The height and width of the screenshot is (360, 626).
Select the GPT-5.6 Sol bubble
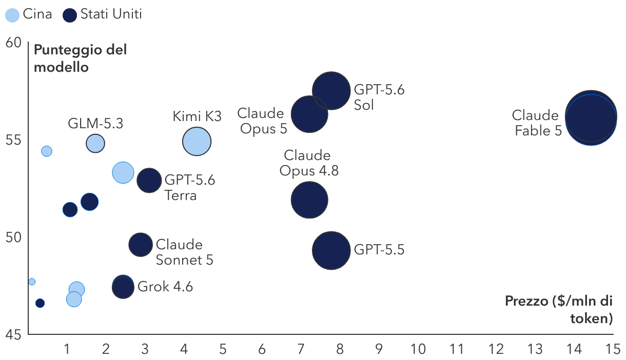click(x=331, y=91)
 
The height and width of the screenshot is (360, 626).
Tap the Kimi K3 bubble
click(x=197, y=142)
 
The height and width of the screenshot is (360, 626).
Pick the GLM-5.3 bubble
click(x=95, y=143)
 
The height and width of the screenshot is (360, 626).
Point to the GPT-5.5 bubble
click(x=331, y=251)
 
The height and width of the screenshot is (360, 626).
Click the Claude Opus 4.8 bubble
click(x=309, y=200)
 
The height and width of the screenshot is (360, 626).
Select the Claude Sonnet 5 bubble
click(x=141, y=245)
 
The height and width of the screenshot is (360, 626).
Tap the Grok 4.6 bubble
click(x=123, y=287)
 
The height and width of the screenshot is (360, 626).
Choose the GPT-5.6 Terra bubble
click(x=149, y=181)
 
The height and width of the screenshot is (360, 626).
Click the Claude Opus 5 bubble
click(x=309, y=114)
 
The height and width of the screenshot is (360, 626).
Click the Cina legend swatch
click(x=12, y=15)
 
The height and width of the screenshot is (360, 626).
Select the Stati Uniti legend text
click(x=111, y=14)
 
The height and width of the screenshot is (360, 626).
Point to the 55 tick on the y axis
click(x=13, y=140)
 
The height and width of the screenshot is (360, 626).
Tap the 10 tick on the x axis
click(x=418, y=349)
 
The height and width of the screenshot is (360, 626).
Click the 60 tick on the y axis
click(x=13, y=43)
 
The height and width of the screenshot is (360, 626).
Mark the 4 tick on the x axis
click(x=184, y=349)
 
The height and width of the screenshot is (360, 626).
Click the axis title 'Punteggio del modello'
click(x=80, y=58)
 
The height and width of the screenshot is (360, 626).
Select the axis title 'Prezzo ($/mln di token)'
click(x=559, y=310)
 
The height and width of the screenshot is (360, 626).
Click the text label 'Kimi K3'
click(x=197, y=116)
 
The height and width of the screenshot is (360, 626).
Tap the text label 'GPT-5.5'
click(x=379, y=249)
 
